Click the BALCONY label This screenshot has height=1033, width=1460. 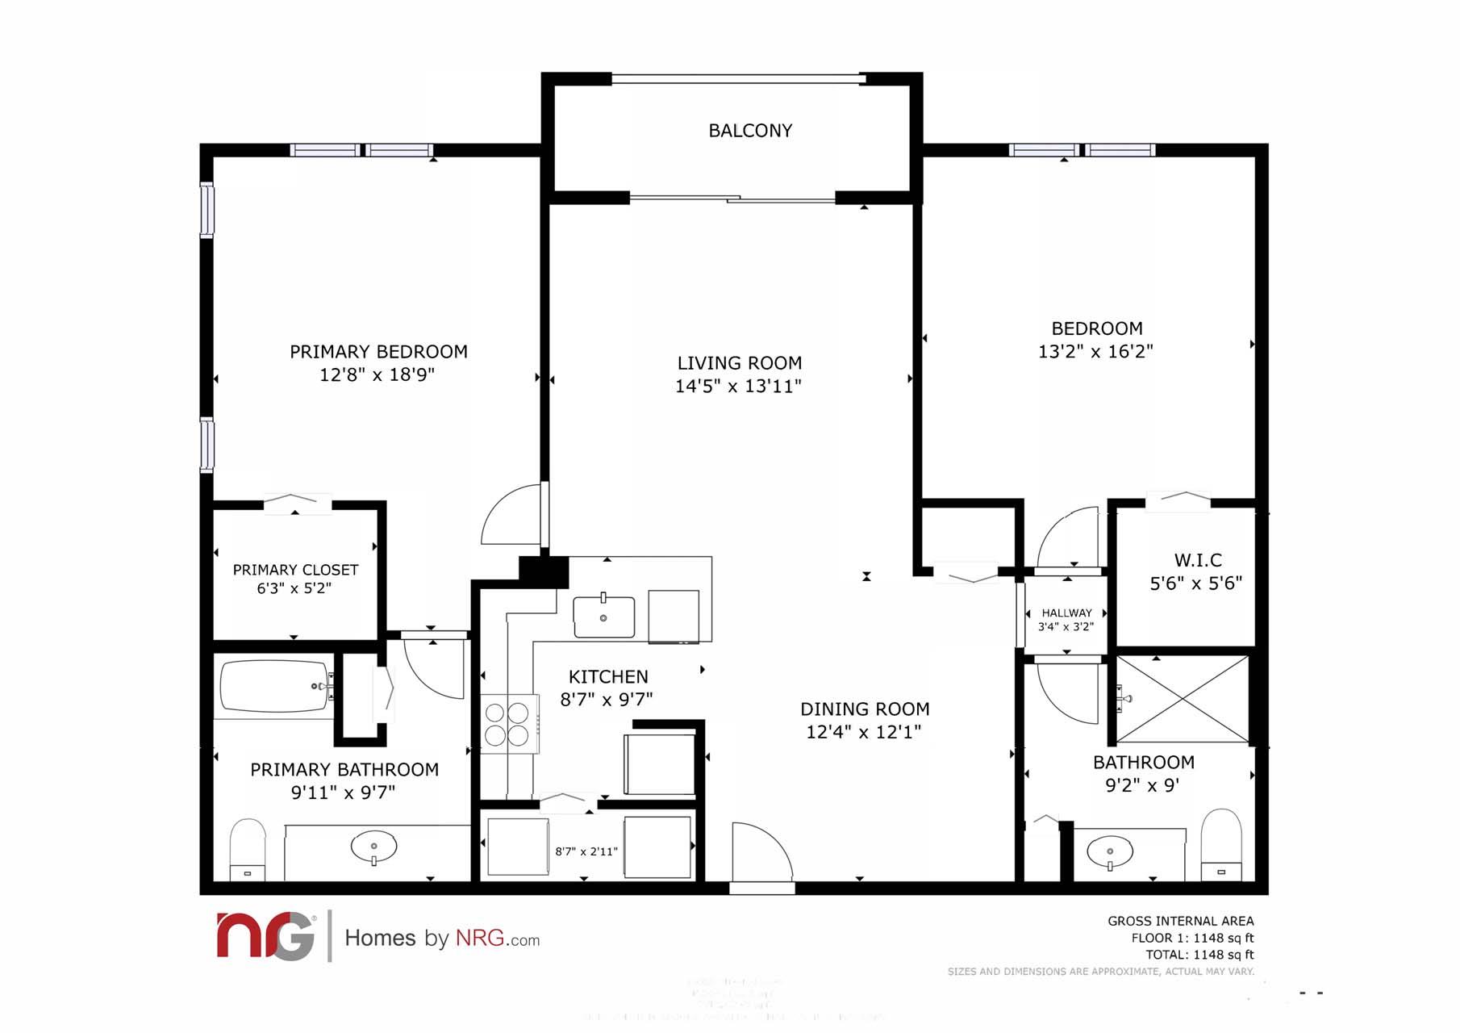tap(749, 131)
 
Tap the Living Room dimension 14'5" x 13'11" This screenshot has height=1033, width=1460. tap(738, 387)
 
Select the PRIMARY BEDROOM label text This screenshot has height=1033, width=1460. tap(378, 352)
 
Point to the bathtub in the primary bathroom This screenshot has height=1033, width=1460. tap(274, 686)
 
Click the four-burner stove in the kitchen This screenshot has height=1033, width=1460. tap(507, 724)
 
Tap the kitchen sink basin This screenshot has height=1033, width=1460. tap(603, 617)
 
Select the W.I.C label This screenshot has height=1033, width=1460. tap(1197, 560)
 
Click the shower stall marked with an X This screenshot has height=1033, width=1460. tap(1182, 699)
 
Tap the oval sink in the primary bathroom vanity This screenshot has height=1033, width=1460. tap(373, 847)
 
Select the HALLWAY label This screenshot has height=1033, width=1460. tap(1066, 613)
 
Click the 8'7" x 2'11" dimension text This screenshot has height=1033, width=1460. tap(586, 851)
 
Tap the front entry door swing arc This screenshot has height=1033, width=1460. tap(763, 851)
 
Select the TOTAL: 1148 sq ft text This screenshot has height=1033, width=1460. tap(1199, 955)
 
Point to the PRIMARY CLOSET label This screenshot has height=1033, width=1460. tap(295, 571)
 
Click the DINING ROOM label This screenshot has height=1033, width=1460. tap(865, 709)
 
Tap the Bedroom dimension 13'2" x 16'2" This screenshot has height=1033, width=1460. tap(1095, 352)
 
